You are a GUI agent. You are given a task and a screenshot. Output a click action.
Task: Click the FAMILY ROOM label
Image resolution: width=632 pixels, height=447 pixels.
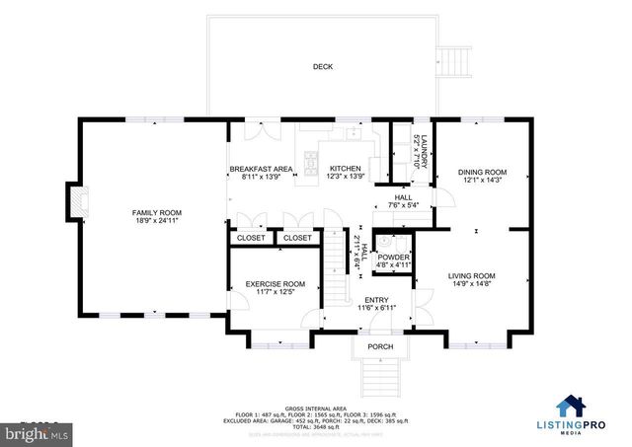(157, 213)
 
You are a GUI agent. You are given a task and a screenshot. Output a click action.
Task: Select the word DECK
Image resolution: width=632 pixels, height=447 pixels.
(323, 67)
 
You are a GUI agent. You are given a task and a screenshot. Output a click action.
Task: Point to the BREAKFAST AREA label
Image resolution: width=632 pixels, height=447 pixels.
(262, 170)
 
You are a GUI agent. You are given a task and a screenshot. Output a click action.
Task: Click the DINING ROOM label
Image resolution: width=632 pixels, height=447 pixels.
(482, 172)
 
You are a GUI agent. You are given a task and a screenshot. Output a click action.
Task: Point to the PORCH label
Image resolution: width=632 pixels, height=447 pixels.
(380, 346)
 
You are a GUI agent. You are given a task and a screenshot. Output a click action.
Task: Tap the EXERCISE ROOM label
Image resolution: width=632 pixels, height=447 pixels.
(276, 284)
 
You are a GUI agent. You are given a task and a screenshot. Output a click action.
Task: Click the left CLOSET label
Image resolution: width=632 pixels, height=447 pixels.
(250, 238)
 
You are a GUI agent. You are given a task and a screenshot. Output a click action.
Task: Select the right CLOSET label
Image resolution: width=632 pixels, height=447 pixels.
(297, 238)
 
